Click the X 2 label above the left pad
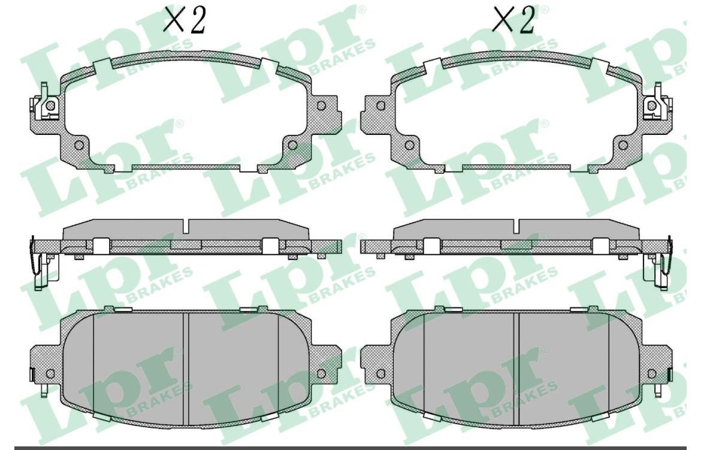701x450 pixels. (x=185, y=20)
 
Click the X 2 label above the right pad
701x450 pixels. (x=513, y=20)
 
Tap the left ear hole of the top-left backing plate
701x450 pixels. (x=50, y=105)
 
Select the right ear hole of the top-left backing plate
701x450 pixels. (x=321, y=106)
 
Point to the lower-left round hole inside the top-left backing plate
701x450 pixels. (x=78, y=146)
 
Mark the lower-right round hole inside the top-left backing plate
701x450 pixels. (x=292, y=146)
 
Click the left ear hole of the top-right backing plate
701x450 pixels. (x=381, y=106)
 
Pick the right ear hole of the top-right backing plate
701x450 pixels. (x=651, y=105)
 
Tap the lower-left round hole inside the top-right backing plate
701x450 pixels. (x=409, y=146)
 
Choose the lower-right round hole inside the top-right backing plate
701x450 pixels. (x=623, y=146)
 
